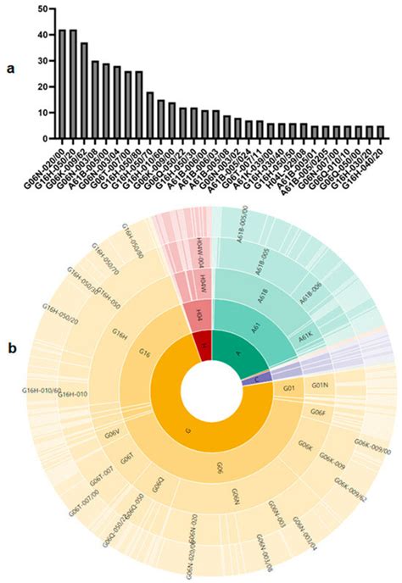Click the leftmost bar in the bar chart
62,84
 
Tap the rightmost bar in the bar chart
380,131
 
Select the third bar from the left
84,90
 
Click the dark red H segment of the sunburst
200,345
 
